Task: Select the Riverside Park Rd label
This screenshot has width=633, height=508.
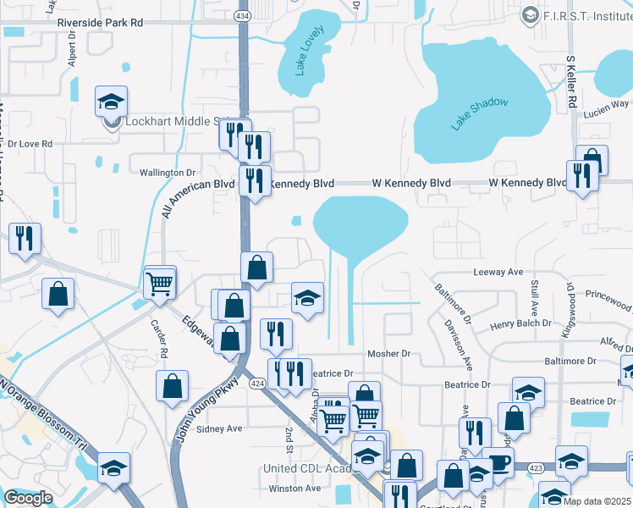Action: tap(100, 24)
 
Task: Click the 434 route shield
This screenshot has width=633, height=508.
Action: tap(242, 16)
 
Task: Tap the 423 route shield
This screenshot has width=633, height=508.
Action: tap(535, 467)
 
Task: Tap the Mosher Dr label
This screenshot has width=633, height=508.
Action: tap(388, 354)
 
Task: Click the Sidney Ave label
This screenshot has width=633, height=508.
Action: tap(219, 428)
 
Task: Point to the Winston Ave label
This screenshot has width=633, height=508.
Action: tap(295, 489)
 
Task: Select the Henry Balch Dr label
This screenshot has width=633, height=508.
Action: tap(520, 326)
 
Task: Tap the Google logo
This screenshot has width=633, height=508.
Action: tap(28, 498)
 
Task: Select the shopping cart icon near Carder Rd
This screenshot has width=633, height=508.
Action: tap(160, 283)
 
